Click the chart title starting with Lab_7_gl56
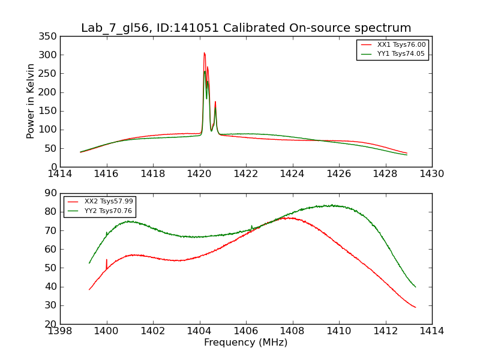point(246,28)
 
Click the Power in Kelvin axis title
point(31,101)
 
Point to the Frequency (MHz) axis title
point(246,343)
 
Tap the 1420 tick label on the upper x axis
point(199,174)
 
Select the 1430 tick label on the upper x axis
point(431,174)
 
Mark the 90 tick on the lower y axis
point(51,194)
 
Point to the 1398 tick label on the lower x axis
point(60,331)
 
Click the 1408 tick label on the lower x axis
point(292,331)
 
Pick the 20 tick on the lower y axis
point(51,325)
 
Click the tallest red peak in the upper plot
point(204,53)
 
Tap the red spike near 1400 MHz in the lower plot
point(107,260)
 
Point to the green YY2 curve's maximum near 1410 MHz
point(332,205)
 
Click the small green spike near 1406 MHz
point(251,226)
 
